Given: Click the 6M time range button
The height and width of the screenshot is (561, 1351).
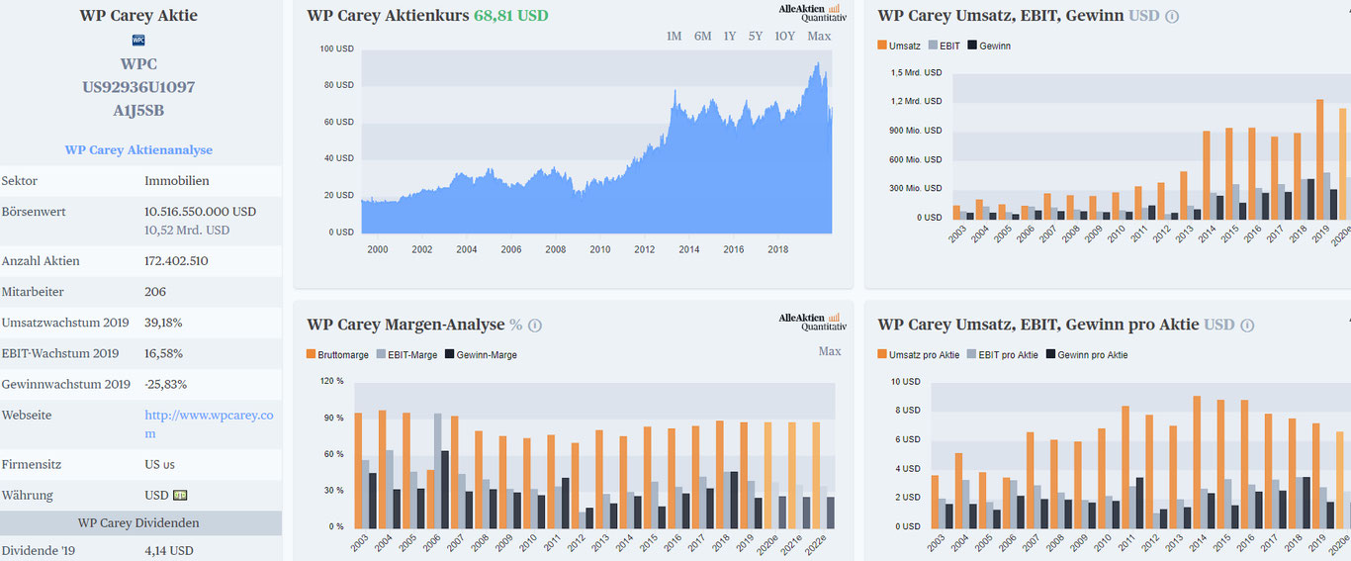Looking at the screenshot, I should [x=702, y=37].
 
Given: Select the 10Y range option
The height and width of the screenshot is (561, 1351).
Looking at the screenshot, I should [x=784, y=37].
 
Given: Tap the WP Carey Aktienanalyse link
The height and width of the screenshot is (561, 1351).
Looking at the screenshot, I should [x=138, y=150].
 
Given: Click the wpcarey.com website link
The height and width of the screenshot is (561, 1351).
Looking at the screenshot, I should [x=209, y=424].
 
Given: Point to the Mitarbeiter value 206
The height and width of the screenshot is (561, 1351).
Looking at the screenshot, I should [x=155, y=292].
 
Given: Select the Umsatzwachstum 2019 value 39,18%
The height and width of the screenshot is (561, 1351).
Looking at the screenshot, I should [x=163, y=323].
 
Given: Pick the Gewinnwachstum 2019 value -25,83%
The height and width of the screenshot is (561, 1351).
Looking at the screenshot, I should [x=166, y=384].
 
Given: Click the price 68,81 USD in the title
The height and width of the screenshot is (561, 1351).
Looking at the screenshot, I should [x=510, y=16].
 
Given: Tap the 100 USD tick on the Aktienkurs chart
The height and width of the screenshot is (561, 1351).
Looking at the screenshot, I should [x=337, y=48].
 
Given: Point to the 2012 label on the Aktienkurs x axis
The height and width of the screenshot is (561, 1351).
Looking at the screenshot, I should [x=644, y=249].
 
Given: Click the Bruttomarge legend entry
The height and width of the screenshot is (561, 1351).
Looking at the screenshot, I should [x=339, y=354].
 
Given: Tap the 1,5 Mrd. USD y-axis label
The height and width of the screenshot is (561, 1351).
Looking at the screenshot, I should [x=916, y=73].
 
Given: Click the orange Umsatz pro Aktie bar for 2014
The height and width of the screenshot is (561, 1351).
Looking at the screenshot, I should [x=1197, y=461].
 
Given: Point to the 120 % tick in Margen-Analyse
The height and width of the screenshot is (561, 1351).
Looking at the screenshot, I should [x=332, y=381].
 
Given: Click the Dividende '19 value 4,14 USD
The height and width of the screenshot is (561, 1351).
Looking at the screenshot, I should [x=169, y=550].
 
